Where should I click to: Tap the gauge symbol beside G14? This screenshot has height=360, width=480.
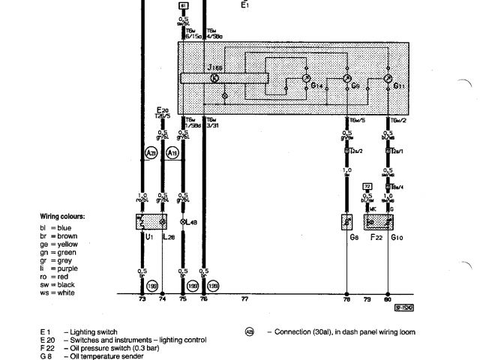(x=305, y=78)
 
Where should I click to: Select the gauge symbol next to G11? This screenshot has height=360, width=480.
(x=388, y=78)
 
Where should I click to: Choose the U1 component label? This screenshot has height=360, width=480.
(x=149, y=237)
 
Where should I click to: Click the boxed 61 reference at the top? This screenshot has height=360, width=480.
(x=184, y=6)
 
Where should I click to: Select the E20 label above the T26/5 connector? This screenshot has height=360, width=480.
(x=163, y=109)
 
